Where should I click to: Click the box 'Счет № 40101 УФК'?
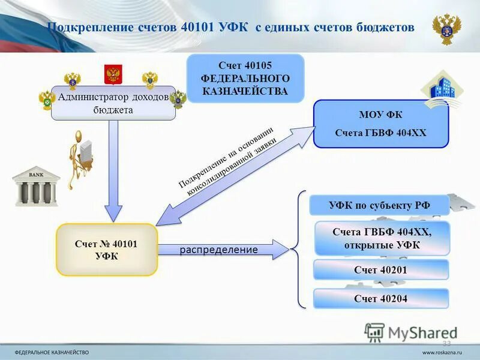[107, 250]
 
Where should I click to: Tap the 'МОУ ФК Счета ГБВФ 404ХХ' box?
[380, 124]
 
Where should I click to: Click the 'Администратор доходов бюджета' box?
[113, 103]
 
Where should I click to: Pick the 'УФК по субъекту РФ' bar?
[379, 205]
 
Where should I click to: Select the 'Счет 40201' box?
[380, 270]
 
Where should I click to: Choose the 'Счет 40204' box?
[380, 298]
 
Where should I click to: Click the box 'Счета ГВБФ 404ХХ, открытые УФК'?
[382, 238]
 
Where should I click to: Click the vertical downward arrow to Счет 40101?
[113, 174]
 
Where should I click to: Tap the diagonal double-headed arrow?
[234, 174]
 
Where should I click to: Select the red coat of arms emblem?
[113, 74]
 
